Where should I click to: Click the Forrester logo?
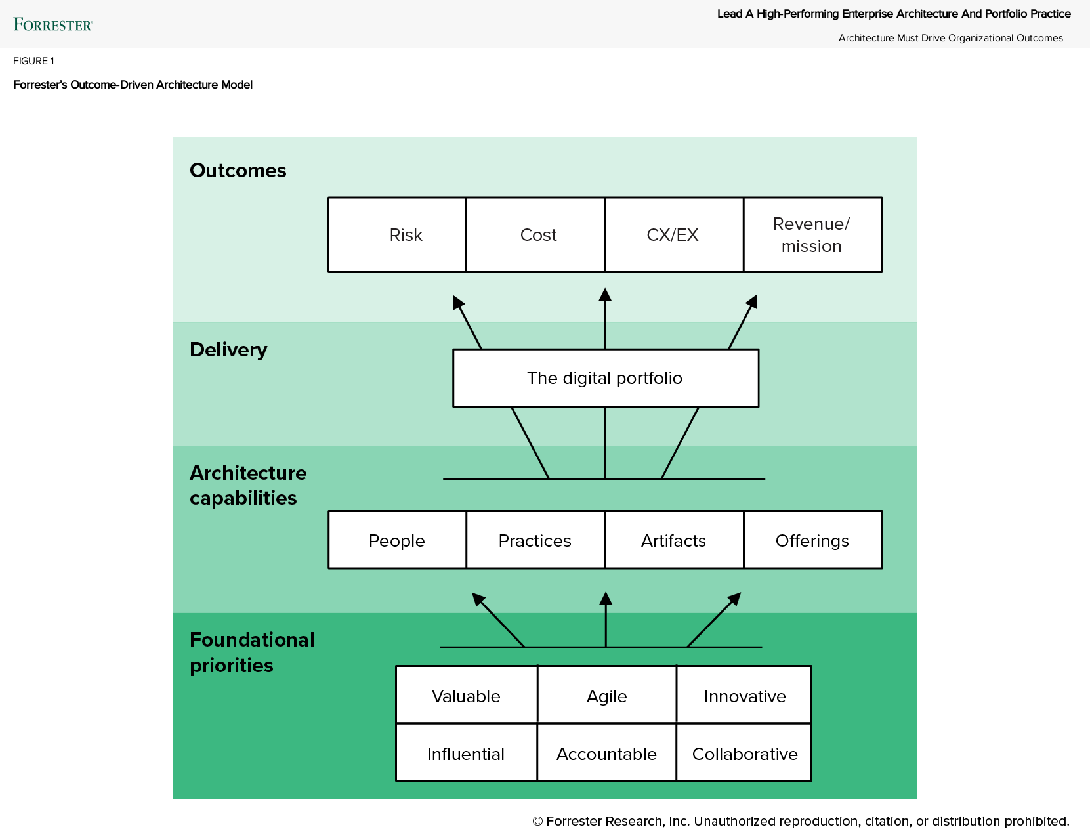(x=53, y=25)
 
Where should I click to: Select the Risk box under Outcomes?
(x=398, y=235)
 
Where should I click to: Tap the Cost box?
(x=536, y=235)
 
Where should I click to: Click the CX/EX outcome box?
(x=674, y=235)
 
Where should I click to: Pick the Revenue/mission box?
(x=812, y=235)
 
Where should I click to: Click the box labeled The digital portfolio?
(x=605, y=378)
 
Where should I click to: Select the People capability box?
(x=397, y=540)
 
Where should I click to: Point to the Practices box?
(x=535, y=540)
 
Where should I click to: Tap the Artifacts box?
(x=674, y=540)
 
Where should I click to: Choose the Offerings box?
(x=812, y=540)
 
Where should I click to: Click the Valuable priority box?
(x=466, y=696)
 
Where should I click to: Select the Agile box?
(x=606, y=696)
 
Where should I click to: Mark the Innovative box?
(x=744, y=696)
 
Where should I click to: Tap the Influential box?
(x=466, y=754)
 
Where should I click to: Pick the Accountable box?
(x=606, y=754)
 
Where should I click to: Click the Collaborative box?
(x=744, y=754)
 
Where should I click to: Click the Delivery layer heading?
(x=228, y=350)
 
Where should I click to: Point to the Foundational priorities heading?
(x=252, y=652)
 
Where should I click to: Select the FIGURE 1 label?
(x=33, y=61)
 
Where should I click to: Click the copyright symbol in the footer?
(x=537, y=821)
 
